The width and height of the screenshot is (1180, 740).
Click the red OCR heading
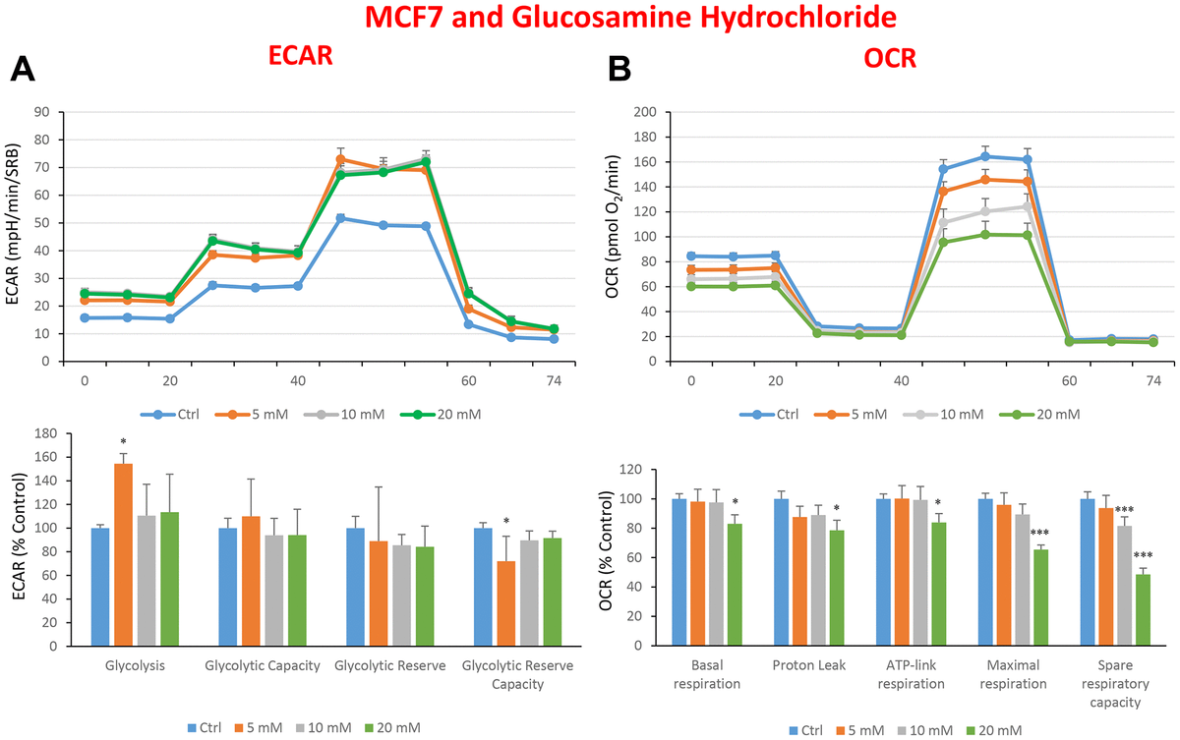(890, 58)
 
